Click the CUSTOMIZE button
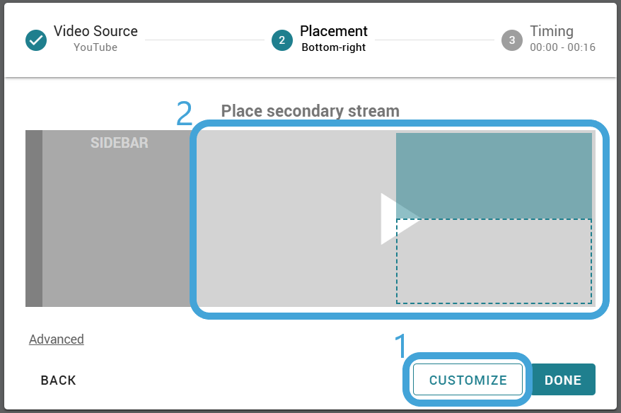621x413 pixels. coord(468,380)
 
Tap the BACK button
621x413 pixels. coord(58,380)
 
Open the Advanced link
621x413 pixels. coord(57,339)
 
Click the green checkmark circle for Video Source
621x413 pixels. coord(36,40)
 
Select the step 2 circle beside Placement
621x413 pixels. coord(282,40)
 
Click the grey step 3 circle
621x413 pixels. coord(512,40)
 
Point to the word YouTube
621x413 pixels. coord(95,47)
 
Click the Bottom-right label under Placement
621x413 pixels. coord(333,47)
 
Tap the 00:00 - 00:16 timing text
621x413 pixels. coord(562,47)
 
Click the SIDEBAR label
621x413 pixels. coord(120,143)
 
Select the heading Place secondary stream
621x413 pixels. coord(310,111)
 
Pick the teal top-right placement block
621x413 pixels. coord(494,176)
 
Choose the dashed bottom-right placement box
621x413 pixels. coord(494,261)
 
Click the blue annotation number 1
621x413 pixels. coord(401,345)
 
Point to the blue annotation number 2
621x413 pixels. coord(184,113)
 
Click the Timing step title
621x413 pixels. coord(552,31)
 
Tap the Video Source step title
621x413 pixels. coord(96,31)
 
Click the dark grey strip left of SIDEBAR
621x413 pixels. coord(34,219)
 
